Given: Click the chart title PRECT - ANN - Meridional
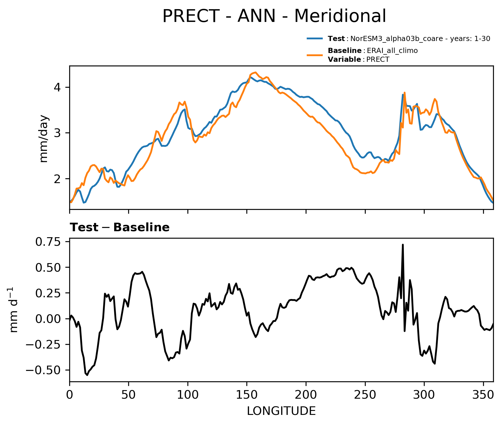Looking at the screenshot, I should (x=274, y=16).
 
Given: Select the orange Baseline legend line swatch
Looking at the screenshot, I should (x=315, y=55).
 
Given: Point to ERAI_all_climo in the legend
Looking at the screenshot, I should (x=392, y=51).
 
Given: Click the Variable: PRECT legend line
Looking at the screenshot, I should (x=359, y=60).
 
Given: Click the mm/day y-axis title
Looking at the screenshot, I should (x=44, y=139).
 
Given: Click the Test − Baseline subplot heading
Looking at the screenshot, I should (x=120, y=228).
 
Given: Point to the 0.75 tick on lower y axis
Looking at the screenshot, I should (x=48, y=242).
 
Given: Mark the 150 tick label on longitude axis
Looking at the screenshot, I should (x=247, y=395).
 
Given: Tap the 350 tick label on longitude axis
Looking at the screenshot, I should (x=483, y=395).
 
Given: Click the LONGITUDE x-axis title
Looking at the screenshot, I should (x=281, y=411).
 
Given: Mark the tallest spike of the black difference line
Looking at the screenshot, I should (x=403, y=245).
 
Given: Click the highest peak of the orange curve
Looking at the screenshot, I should (x=255, y=72).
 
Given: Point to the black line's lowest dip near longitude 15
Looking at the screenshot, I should (x=87, y=375).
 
